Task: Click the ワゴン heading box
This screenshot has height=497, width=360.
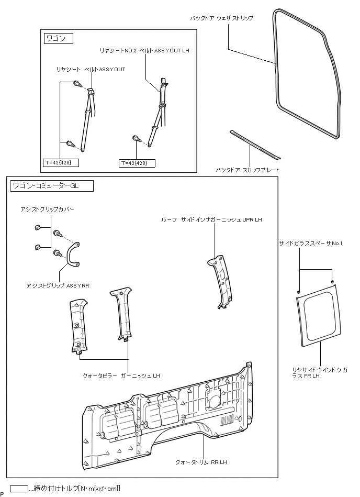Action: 57,39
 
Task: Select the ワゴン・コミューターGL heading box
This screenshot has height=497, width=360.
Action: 51,185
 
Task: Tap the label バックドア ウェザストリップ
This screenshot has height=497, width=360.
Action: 221,18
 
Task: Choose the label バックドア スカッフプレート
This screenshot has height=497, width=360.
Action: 248,170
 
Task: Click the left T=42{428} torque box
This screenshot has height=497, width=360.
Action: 61,163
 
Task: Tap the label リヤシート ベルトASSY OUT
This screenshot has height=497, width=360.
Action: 91,69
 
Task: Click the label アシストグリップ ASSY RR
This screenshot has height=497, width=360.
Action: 58,286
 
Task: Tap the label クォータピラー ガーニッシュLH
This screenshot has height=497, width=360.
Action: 121,375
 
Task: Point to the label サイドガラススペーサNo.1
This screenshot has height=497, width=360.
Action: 310,244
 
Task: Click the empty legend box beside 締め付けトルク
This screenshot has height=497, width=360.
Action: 19,488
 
